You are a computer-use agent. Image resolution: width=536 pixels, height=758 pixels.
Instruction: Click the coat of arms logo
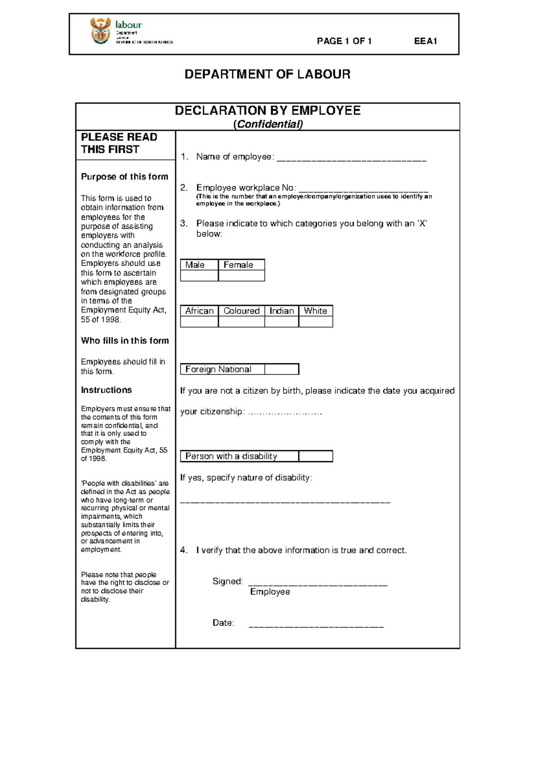tap(100, 31)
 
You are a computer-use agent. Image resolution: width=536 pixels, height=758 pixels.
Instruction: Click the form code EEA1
tap(425, 41)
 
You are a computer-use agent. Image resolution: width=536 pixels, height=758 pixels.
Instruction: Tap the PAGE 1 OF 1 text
tap(344, 41)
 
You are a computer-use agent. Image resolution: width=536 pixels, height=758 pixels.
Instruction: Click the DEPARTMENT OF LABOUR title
tap(267, 74)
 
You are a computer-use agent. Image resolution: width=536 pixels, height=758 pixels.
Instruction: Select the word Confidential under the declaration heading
tap(268, 124)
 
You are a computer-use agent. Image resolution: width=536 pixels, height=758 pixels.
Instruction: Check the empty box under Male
tap(199, 276)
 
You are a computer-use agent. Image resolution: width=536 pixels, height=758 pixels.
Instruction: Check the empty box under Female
tap(242, 276)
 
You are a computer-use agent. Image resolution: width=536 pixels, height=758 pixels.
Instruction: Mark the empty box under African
tap(199, 322)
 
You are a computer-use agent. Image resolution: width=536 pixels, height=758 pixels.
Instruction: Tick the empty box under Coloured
tap(242, 322)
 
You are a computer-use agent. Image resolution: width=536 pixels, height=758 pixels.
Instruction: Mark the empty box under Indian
tap(281, 322)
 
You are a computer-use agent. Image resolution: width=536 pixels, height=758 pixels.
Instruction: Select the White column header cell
tap(315, 311)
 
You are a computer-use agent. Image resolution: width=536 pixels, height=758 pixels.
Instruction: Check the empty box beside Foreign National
tap(281, 369)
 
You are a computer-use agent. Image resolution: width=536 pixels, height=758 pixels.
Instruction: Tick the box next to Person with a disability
tap(315, 456)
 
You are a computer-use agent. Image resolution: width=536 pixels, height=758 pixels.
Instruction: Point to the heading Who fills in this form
tap(125, 341)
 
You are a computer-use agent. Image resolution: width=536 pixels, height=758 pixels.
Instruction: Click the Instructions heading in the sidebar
tap(106, 390)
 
